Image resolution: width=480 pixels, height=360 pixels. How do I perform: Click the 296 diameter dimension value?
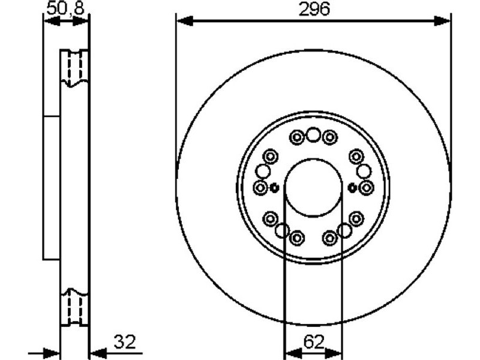click(314, 8)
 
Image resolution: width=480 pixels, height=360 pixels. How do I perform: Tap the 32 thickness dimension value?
click(125, 342)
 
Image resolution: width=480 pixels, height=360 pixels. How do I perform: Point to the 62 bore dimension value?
click(314, 342)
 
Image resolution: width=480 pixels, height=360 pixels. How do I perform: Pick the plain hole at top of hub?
click(313, 134)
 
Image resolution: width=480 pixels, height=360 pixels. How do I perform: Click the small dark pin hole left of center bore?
click(274, 188)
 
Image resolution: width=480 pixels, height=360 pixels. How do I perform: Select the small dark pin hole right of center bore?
click(352, 188)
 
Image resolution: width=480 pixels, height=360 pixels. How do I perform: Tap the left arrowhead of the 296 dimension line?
click(185, 22)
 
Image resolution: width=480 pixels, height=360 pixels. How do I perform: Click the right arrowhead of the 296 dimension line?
click(442, 22)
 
